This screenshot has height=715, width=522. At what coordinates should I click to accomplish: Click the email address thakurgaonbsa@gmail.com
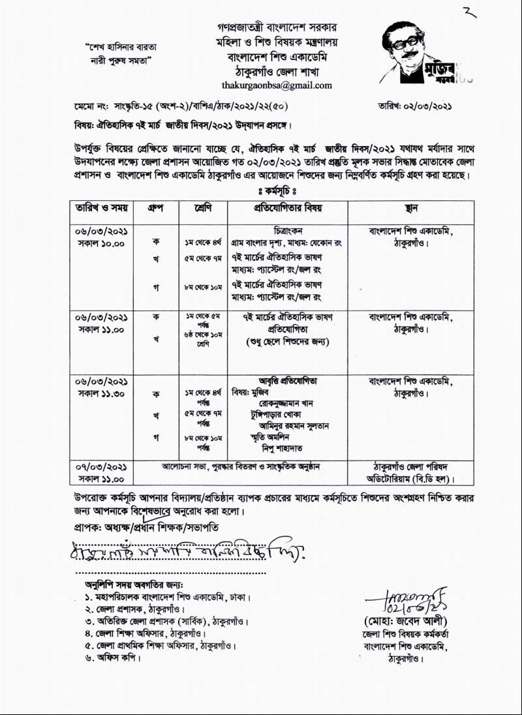pos(277,85)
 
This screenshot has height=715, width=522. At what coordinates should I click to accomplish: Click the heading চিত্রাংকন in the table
pos(288,230)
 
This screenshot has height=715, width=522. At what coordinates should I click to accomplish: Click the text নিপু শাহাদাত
pos(283,448)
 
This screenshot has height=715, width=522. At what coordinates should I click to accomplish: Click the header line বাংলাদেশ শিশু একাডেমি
pos(277,57)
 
